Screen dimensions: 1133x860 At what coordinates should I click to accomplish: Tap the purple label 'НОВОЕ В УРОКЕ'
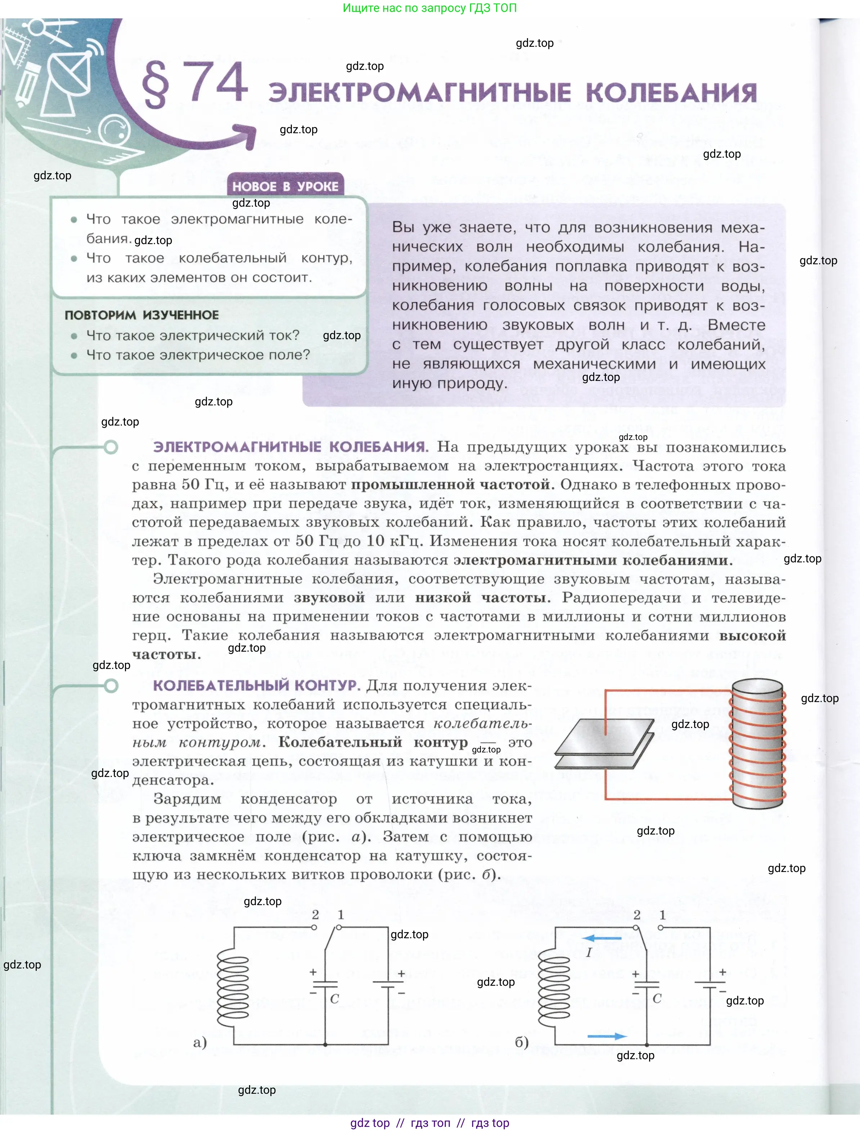coord(285,186)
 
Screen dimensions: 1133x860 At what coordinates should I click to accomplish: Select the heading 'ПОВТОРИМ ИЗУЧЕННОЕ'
coord(141,315)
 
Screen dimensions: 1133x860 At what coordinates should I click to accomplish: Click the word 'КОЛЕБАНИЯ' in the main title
coord(671,93)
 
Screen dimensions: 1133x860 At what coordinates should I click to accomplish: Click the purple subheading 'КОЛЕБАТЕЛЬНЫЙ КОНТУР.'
coord(256,685)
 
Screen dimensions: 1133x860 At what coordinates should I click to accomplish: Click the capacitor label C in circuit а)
coord(334,998)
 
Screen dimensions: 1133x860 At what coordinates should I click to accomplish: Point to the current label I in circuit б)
coord(589,952)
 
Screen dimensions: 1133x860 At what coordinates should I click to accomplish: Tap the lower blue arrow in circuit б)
coord(607,1036)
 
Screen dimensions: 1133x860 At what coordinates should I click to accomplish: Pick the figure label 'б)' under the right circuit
coord(521,1042)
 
